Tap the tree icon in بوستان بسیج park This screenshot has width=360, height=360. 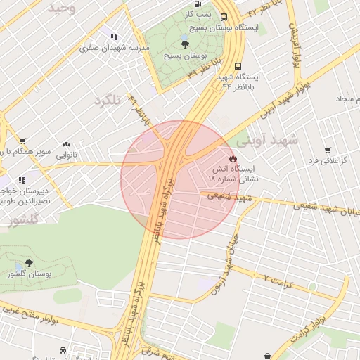point(185,43)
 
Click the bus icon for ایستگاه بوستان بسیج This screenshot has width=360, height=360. point(224,17)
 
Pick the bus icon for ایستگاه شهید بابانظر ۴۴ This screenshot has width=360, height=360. point(239,63)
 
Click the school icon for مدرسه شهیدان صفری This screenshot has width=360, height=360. point(113,37)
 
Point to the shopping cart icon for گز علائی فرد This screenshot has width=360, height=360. point(328,150)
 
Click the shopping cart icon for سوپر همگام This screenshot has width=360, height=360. point(22,141)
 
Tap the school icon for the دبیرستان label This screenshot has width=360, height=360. point(22,180)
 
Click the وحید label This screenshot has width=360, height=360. point(60,8)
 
